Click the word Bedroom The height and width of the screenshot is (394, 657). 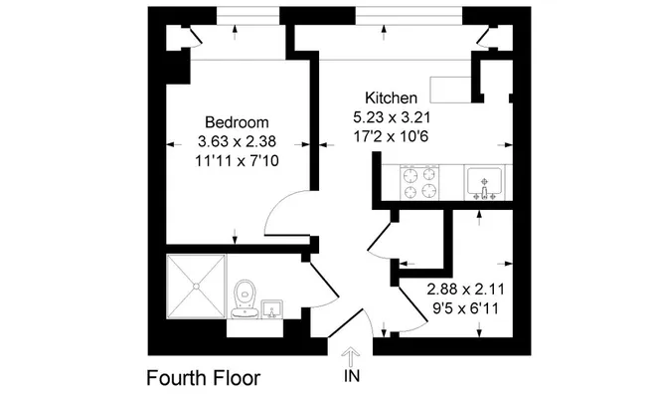pos(237,122)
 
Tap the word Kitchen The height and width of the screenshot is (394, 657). pos(391,98)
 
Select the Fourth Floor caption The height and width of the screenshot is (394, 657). pos(203,378)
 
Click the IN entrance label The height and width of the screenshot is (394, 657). pos(352,376)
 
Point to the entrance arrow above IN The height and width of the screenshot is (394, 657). pos(350,357)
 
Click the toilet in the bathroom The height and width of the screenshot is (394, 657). pos(245,299)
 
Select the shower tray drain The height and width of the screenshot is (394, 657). pos(196,287)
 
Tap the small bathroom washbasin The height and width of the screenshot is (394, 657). pos(272,309)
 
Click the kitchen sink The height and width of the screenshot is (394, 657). pos(485,183)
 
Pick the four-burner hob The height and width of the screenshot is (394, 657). pos(419,182)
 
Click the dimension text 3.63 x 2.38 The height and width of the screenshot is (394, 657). pos(237,141)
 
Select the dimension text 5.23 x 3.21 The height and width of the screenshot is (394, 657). pos(392,117)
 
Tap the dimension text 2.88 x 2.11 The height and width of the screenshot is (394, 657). pos(465,290)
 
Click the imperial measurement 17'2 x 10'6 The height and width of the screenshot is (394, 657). pos(392,136)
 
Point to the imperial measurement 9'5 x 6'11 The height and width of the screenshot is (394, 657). pos(465,308)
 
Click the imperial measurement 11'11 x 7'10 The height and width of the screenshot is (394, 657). pos(237,161)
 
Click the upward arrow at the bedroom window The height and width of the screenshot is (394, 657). pos(235,32)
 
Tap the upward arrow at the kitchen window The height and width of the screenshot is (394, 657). pos(384,32)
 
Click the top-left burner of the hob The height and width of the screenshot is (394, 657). pos(410,174)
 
